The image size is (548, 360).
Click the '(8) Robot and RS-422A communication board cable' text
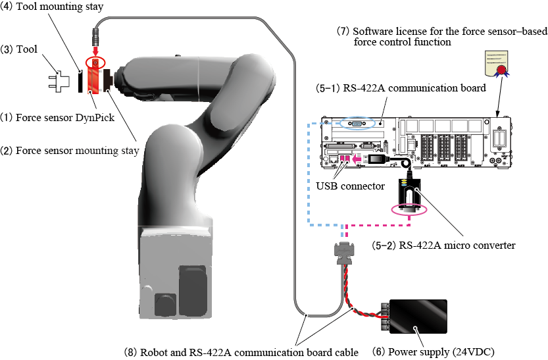[241, 351]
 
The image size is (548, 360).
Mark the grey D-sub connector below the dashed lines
[346, 252]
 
